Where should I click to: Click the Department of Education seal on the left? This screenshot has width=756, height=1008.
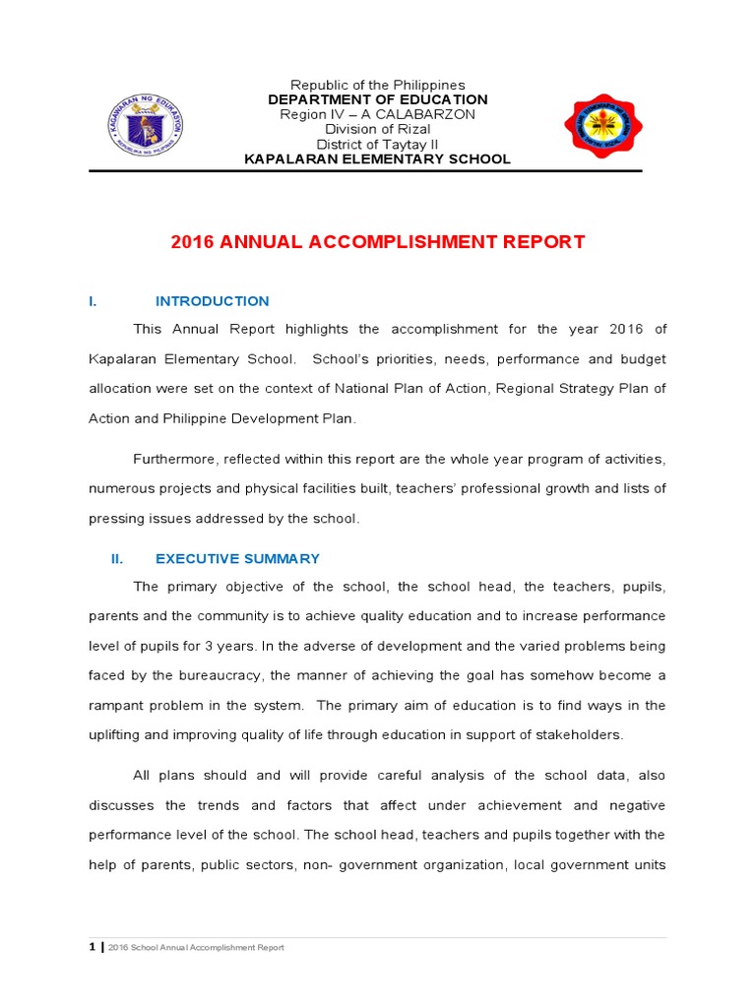tap(146, 123)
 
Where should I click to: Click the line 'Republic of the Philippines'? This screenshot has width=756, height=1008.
tap(378, 86)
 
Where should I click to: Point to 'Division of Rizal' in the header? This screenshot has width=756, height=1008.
tap(378, 129)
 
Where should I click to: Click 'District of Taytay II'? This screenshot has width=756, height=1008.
tap(378, 144)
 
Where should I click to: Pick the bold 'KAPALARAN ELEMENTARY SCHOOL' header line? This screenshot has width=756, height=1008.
tap(378, 158)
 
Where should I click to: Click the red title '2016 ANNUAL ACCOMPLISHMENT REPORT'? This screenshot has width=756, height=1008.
tap(378, 242)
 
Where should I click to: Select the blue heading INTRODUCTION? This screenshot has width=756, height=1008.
tap(212, 301)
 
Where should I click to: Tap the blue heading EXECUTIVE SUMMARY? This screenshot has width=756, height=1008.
tap(237, 558)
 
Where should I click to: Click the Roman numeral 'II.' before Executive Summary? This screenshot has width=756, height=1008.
tap(116, 558)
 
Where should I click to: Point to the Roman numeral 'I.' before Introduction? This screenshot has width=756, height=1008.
tap(92, 301)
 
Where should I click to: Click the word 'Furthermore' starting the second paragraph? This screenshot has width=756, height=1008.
tap(175, 459)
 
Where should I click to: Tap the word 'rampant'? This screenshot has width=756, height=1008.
tap(117, 705)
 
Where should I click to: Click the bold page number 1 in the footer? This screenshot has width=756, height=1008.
tap(93, 947)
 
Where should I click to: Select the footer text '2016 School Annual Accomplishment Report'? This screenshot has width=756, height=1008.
tap(197, 948)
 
